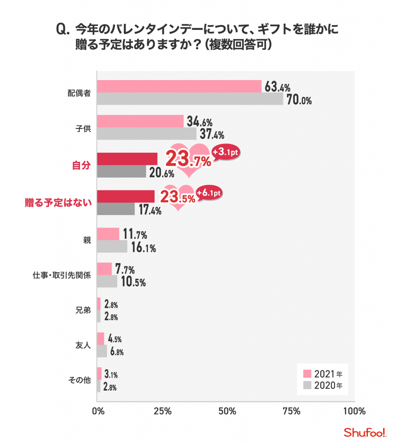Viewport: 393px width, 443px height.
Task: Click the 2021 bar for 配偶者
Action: coord(179,87)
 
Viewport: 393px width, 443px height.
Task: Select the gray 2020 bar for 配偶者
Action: coord(190,99)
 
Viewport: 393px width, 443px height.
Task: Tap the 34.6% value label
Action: coord(200,122)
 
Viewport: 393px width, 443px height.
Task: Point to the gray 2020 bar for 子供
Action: coord(146,134)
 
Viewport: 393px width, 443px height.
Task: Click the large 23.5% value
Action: coord(177,197)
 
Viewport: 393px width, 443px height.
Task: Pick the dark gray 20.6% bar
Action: coord(122,172)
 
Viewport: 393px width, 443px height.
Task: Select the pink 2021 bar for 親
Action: coord(108,234)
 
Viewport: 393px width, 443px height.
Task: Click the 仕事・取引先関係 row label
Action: coord(61,275)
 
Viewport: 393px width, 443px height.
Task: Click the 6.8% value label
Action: coord(117,352)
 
